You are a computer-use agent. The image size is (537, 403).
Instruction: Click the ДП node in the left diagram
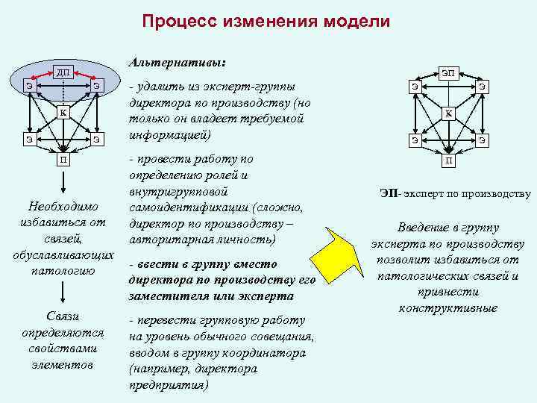[x=63, y=72]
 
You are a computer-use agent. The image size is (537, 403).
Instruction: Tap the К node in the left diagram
[x=63, y=113]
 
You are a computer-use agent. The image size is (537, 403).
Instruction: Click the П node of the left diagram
[x=63, y=159]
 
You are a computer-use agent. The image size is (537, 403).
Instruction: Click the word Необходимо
[x=63, y=206]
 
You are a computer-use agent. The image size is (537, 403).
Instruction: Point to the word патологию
[x=63, y=270]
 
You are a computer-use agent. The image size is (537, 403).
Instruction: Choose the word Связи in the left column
[x=63, y=316]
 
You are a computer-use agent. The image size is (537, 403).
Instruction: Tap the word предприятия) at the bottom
[x=168, y=386]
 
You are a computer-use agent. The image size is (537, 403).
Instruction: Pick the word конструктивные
[x=448, y=308]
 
